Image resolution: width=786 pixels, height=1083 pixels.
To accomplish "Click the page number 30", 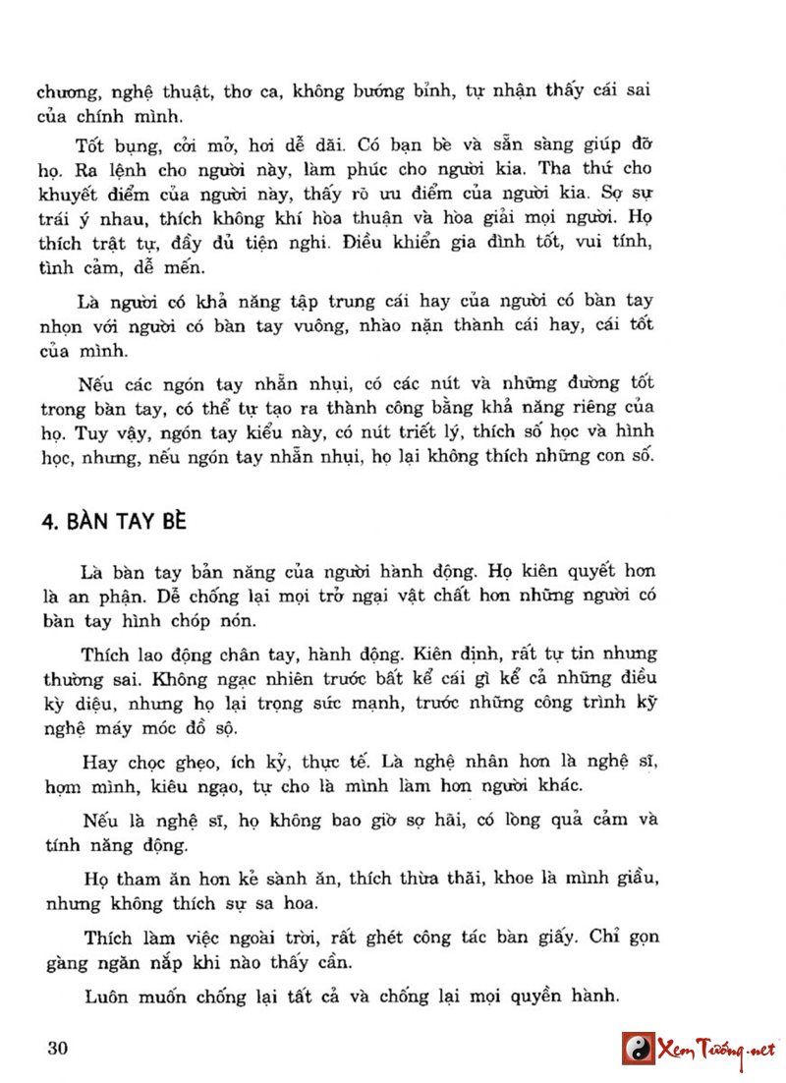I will pyautogui.click(x=56, y=1048).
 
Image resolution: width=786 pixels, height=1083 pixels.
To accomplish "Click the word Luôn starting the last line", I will pyautogui.click(x=110, y=996).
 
